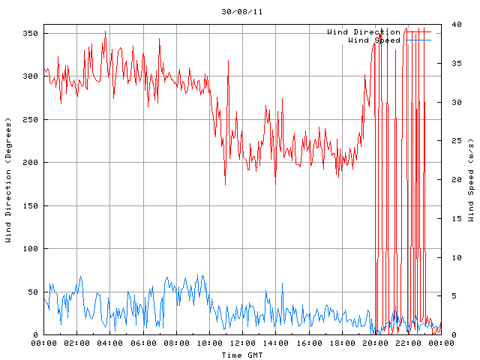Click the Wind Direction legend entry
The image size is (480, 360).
363,32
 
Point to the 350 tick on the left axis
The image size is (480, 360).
30,33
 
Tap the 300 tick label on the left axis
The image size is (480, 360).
30,76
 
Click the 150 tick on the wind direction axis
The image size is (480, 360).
30,205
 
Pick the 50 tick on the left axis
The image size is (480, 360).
33,292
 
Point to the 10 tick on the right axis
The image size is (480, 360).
449,257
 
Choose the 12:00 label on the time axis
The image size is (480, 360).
242,343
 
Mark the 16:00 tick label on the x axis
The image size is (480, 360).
308,343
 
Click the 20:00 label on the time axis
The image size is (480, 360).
374,343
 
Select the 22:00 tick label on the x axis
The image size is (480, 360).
407,343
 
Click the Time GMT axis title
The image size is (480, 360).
242,354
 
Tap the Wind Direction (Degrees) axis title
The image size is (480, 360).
8,180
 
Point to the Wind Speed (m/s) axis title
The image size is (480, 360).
471,180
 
